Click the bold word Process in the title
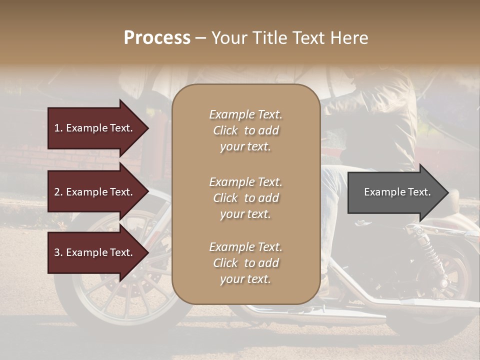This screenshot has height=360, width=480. pos(157,38)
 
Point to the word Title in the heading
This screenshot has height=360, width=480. pos(270,38)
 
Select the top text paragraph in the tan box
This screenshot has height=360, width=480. pos(245,130)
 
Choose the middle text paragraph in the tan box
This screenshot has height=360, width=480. pos(245,198)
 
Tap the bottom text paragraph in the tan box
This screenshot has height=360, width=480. pos(245,263)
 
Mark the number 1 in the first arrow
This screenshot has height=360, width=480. pos(57,128)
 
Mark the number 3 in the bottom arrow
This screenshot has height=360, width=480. pos(57,252)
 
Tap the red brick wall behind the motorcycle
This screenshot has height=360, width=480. pos(30,160)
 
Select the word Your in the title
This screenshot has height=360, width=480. pos(228,38)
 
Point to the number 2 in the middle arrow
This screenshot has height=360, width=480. pos(57,192)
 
